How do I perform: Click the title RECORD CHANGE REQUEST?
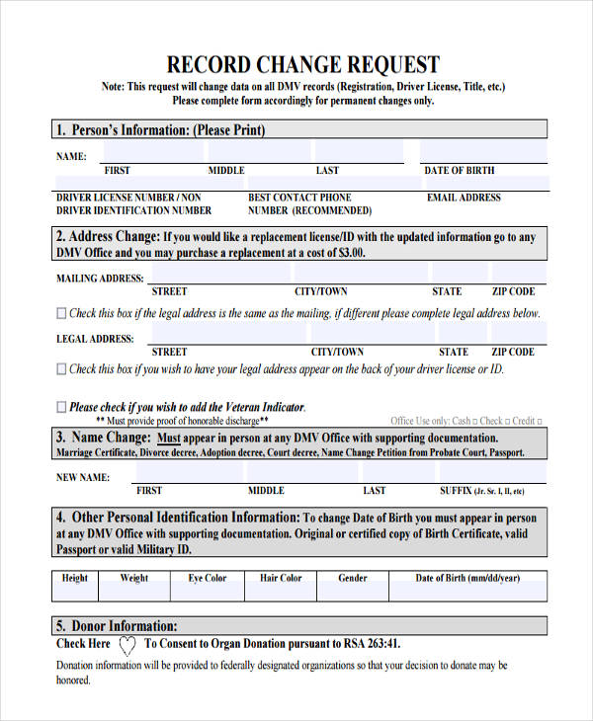(x=303, y=65)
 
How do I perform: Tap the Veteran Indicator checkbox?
(x=62, y=406)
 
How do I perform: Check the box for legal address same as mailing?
(x=62, y=313)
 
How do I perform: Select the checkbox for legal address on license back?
(x=62, y=368)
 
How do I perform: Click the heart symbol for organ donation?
(x=127, y=645)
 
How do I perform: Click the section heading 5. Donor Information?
(x=117, y=625)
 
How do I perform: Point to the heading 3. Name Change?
(x=104, y=438)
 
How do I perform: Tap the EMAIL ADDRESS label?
(x=464, y=198)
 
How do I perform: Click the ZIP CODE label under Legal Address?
(x=513, y=352)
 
